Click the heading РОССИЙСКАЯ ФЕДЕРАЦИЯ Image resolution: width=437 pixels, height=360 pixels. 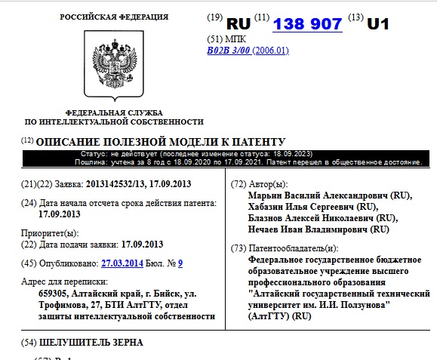point(114,17)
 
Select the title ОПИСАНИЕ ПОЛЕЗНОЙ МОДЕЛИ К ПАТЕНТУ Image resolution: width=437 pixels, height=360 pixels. point(161,141)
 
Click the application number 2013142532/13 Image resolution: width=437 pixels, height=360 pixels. point(120,184)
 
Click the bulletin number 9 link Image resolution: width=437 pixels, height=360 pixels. point(180,263)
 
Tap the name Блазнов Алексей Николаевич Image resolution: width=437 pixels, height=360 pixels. point(317,217)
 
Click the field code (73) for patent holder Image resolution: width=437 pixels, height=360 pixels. point(238,248)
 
